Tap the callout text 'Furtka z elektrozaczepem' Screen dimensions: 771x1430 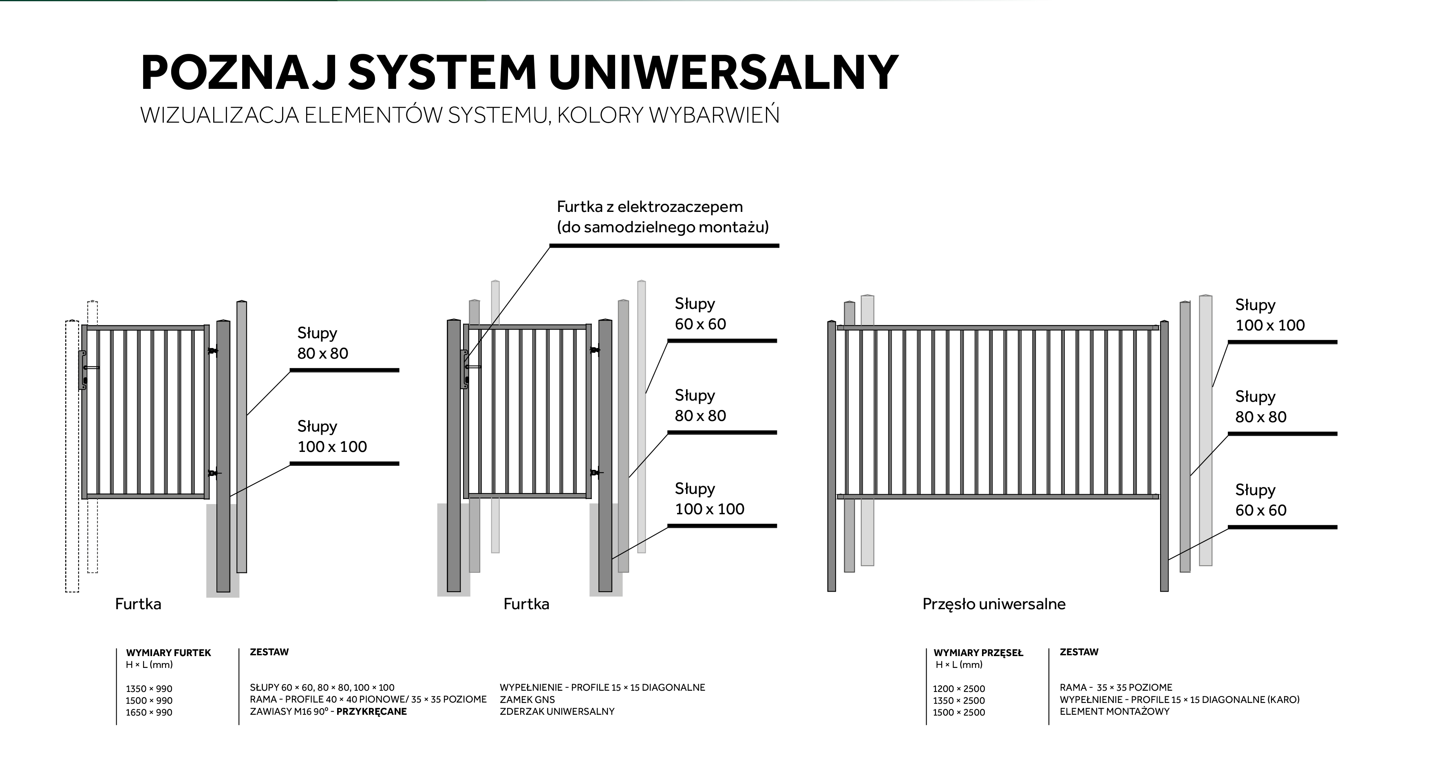click(x=649, y=207)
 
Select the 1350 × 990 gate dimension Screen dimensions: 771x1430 click(x=149, y=689)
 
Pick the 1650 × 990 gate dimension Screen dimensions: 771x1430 click(x=149, y=713)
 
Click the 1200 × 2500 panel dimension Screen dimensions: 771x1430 click(x=959, y=689)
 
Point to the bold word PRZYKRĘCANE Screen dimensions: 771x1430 click(x=371, y=712)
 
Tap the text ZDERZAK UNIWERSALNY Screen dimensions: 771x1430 click(x=557, y=712)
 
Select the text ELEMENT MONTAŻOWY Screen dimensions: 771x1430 click(x=1114, y=712)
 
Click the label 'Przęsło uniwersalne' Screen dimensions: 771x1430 click(x=994, y=604)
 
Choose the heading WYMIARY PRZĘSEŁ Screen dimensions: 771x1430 click(x=978, y=653)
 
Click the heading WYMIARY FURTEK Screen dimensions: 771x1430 click(x=168, y=653)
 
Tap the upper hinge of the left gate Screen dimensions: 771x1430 click(x=212, y=351)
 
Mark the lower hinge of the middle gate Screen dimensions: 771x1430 click(x=596, y=473)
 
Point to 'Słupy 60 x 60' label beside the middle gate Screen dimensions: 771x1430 click(x=700, y=314)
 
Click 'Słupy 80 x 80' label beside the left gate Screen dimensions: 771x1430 click(x=322, y=343)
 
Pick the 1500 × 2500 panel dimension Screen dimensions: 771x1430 click(x=959, y=713)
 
